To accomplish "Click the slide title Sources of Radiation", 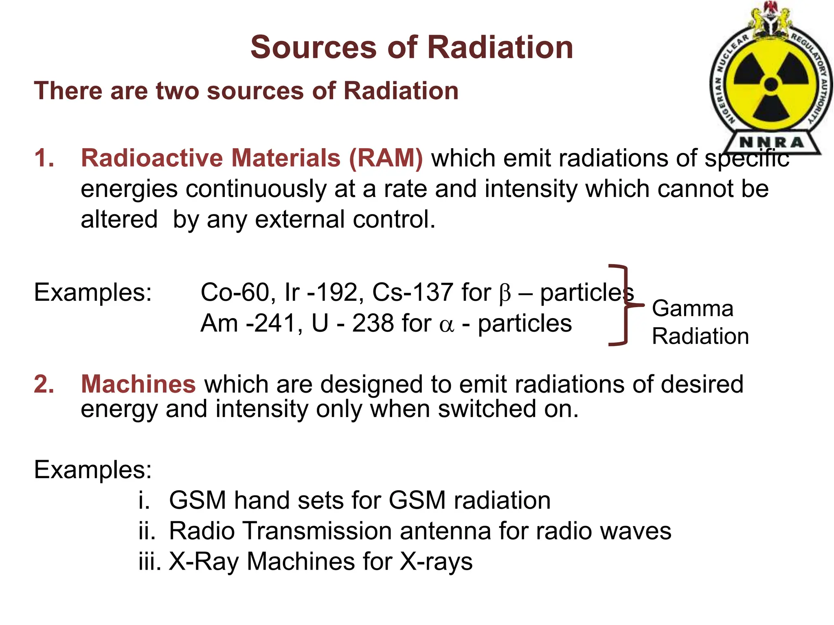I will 412,47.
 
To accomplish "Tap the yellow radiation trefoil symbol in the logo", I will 771,85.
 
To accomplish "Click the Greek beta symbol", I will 505,293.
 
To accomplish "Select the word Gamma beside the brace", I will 692,308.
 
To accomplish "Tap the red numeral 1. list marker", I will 44,158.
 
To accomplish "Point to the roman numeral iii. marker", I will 149,562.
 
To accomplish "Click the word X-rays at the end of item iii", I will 436,562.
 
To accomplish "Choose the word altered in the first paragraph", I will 119,219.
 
